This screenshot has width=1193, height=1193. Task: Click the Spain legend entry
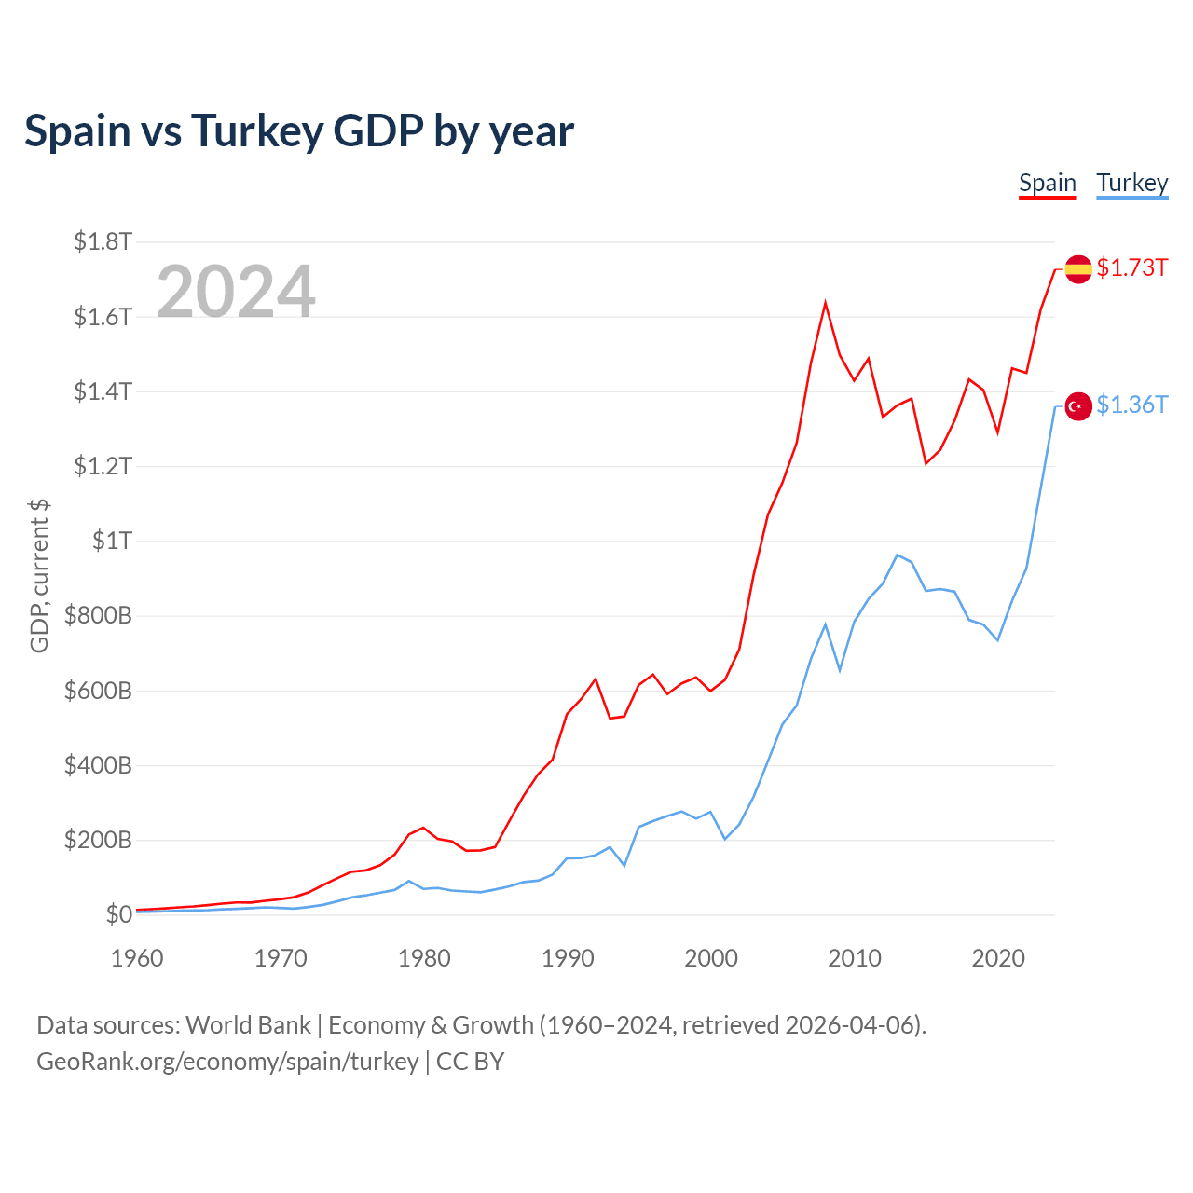(x=1048, y=183)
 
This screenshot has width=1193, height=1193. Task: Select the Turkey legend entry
(x=1131, y=183)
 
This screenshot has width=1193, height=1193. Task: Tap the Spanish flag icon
(x=1078, y=269)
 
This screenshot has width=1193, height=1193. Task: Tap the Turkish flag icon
(x=1078, y=406)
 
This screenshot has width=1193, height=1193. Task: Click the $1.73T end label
(x=1131, y=267)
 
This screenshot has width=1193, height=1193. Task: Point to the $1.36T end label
(x=1131, y=405)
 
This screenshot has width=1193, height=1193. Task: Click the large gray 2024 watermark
(x=236, y=292)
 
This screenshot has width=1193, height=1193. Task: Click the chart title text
(x=299, y=130)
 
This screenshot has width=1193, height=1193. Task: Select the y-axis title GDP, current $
(x=39, y=576)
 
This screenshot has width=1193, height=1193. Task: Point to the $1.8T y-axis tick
(x=103, y=242)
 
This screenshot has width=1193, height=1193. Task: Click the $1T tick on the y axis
(x=112, y=541)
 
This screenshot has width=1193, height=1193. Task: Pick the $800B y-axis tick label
(x=98, y=615)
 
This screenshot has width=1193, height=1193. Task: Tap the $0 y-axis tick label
(x=118, y=914)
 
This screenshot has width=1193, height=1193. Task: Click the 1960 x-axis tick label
(x=137, y=958)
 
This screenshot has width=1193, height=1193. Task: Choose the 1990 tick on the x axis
(x=568, y=958)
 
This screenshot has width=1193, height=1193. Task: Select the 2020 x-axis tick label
(x=998, y=958)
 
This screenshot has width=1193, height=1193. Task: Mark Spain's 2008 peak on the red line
(x=825, y=303)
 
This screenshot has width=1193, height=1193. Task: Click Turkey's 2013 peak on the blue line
(x=897, y=555)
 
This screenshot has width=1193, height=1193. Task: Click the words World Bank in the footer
(x=248, y=1025)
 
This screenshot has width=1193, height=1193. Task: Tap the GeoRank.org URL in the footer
(x=227, y=1062)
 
